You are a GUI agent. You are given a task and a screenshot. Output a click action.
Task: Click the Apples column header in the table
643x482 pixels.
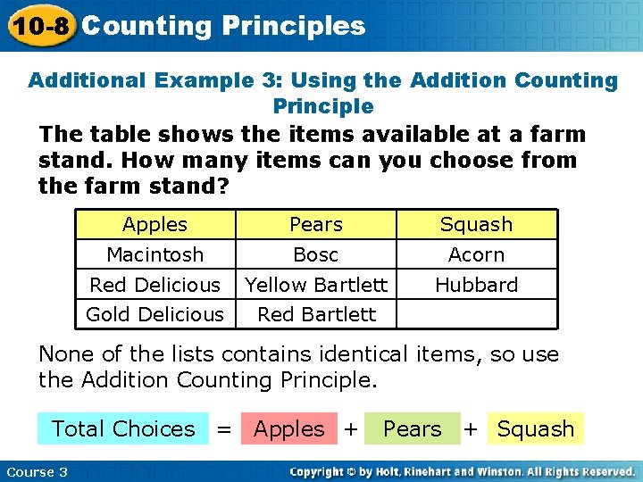[x=155, y=224]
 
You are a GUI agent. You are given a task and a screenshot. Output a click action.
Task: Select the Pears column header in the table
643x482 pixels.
[x=316, y=224]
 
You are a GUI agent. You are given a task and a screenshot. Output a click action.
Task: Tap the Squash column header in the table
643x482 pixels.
[x=477, y=224]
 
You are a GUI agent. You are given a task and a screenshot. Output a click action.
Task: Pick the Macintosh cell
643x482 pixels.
[x=155, y=254]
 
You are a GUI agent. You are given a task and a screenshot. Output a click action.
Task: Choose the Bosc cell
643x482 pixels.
[x=316, y=254]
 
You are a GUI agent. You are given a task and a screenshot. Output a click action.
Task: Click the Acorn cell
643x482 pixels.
[x=477, y=254]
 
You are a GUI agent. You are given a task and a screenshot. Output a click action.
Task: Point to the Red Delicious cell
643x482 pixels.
[x=155, y=285]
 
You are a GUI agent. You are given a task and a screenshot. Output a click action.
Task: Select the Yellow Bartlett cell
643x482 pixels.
[x=316, y=285]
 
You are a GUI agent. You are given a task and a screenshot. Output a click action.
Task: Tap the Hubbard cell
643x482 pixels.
[x=477, y=285]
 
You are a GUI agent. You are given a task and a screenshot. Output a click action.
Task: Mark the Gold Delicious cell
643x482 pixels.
[x=155, y=314]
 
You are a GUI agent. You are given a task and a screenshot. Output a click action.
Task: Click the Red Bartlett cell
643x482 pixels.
[x=316, y=314]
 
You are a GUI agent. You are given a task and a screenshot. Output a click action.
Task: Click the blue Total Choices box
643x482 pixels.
[x=123, y=428]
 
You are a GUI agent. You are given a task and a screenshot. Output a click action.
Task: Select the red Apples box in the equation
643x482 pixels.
[x=289, y=428]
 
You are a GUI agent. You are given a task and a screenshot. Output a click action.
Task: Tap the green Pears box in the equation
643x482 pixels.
[x=413, y=428]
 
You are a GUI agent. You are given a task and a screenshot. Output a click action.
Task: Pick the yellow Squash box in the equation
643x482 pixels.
[x=536, y=428]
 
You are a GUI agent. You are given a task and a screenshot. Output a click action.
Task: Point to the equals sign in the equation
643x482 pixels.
[x=224, y=429]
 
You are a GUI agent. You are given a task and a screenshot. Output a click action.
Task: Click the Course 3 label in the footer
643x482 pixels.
[x=37, y=471]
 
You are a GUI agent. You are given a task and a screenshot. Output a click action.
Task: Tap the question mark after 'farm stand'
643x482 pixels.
[x=223, y=187]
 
